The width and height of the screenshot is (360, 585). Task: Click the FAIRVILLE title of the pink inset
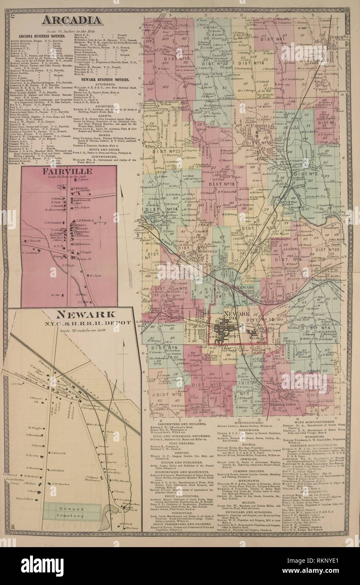tap(69, 171)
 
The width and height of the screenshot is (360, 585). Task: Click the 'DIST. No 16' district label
tap(252, 63)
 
